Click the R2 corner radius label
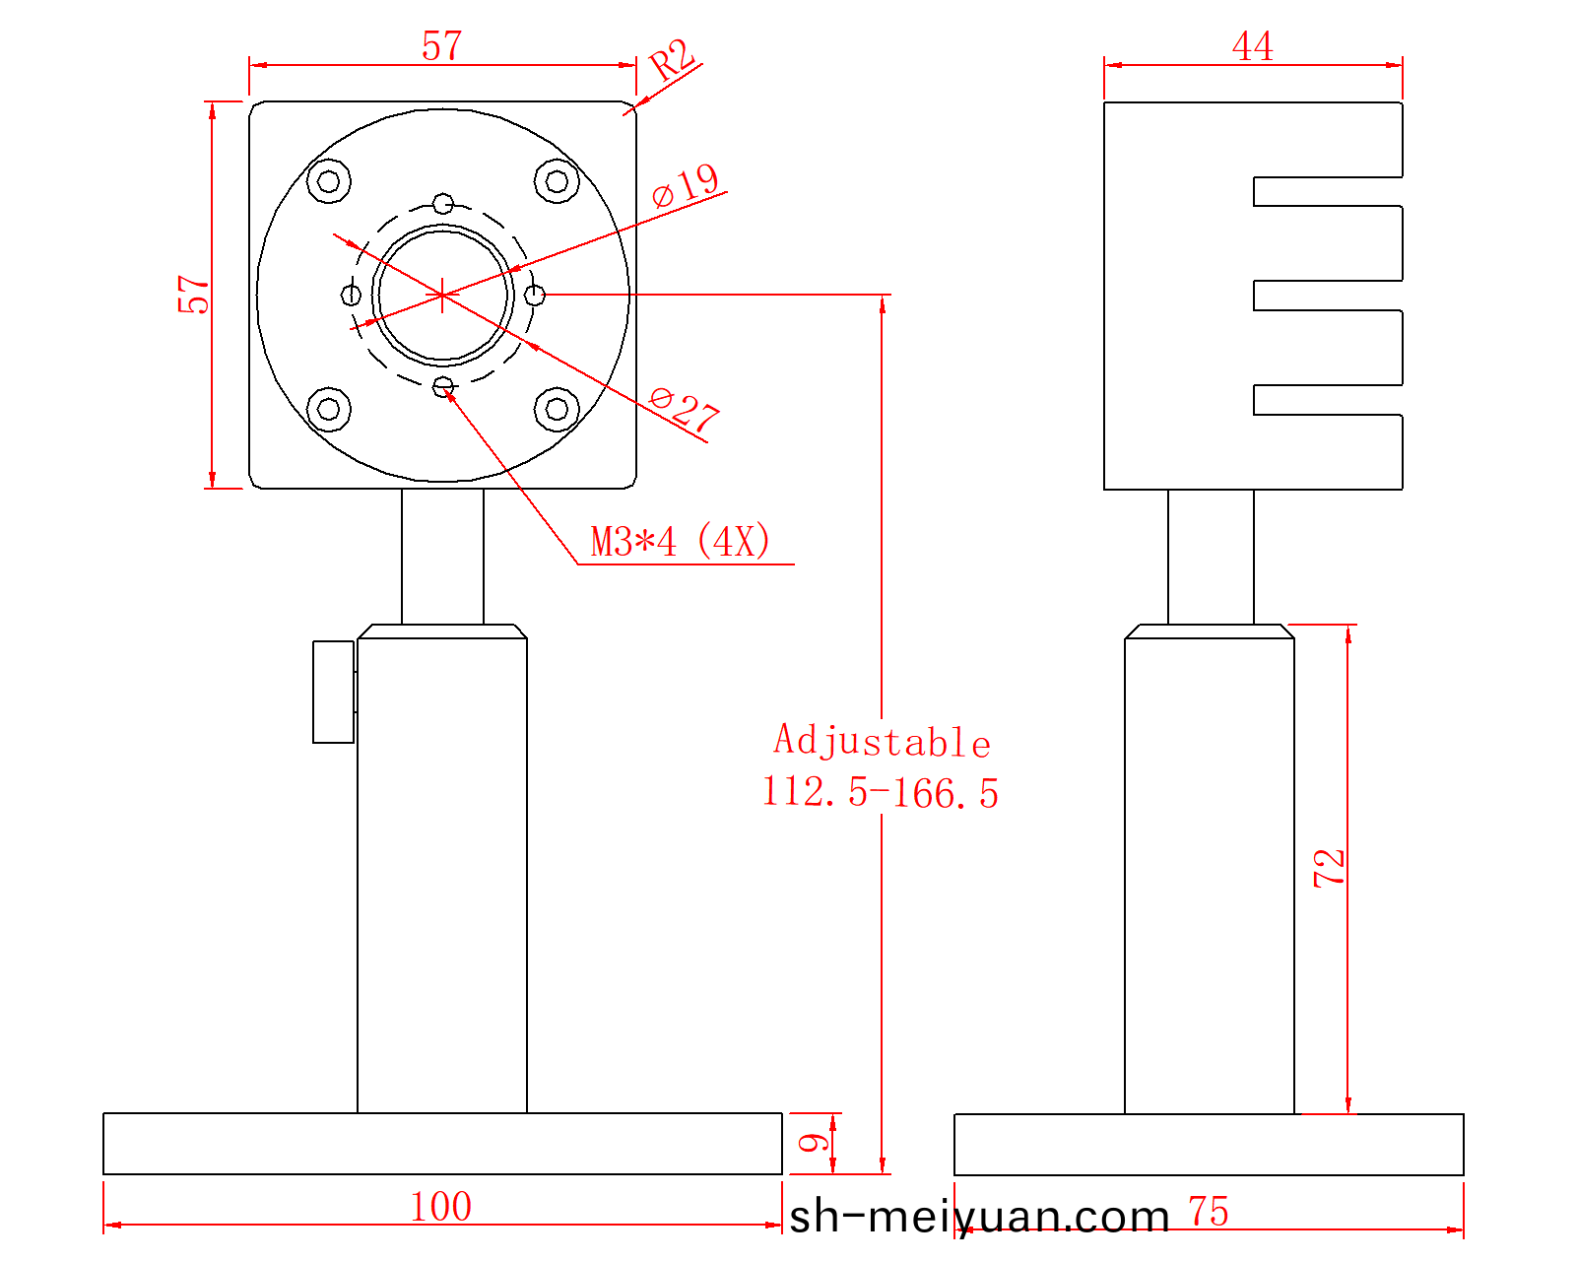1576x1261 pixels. point(672,59)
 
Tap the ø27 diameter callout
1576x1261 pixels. point(685,410)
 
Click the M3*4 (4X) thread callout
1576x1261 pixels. point(681,543)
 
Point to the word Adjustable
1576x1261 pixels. point(883,742)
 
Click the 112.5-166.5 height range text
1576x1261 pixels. point(881,793)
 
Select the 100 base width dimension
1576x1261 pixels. point(441,1207)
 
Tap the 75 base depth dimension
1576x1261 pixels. point(1209,1211)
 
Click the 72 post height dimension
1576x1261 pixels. point(1329,869)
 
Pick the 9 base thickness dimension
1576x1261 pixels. point(813,1143)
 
